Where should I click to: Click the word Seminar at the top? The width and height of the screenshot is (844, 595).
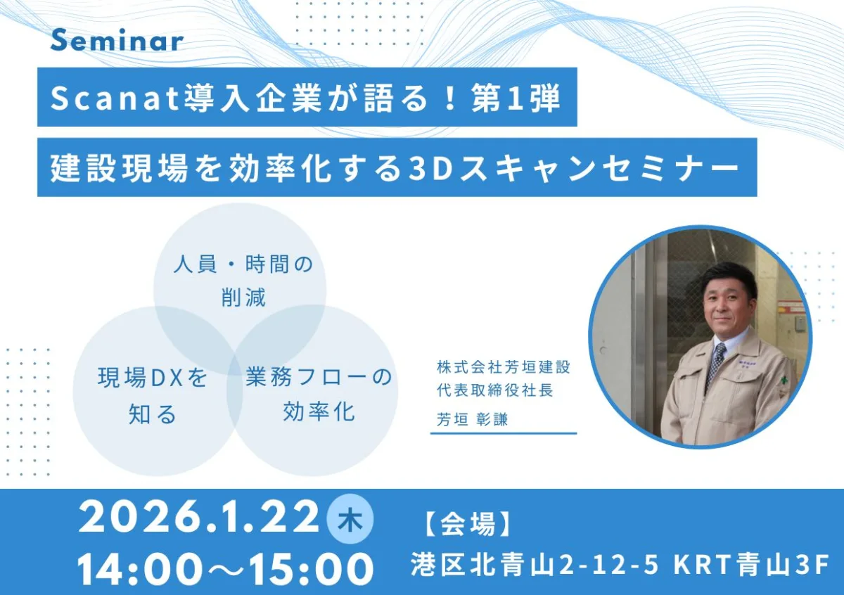(117, 41)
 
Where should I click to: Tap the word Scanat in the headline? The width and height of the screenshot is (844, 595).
(115, 98)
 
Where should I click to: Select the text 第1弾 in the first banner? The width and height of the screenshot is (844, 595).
(516, 98)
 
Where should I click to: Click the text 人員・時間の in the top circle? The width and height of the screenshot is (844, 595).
(243, 264)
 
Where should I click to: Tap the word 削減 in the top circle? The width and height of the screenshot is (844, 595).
(243, 297)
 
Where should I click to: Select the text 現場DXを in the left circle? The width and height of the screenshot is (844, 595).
(153, 378)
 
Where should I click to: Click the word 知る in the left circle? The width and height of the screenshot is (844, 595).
(153, 414)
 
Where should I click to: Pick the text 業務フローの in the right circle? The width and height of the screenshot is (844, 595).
(319, 377)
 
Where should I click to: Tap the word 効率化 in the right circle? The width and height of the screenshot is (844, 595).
(319, 411)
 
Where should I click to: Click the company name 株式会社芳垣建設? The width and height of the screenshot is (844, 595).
(504, 367)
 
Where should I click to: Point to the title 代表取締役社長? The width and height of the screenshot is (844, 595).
(495, 391)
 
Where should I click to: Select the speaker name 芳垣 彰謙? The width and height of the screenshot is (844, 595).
(473, 419)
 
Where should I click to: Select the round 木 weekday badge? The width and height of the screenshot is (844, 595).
(350, 520)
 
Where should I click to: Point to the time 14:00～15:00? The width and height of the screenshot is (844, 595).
(225, 570)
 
